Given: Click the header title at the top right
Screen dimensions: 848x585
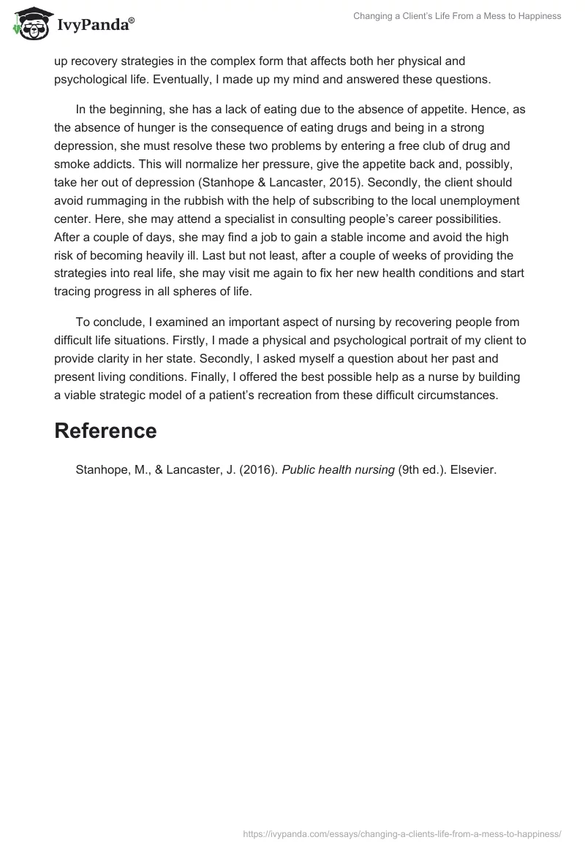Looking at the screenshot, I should click(x=457, y=16).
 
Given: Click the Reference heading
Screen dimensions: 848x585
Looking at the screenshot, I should click(x=105, y=431).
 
